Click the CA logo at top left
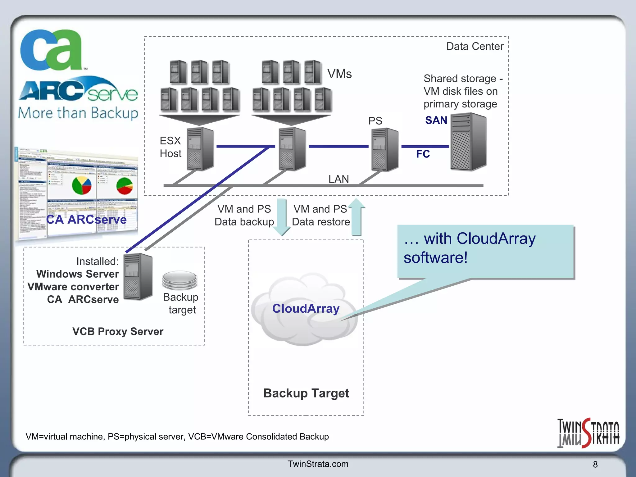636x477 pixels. click(x=51, y=50)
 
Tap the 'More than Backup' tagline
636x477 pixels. click(x=78, y=113)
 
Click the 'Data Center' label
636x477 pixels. click(x=475, y=46)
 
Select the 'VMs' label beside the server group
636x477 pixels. click(x=339, y=74)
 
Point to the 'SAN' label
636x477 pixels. click(x=436, y=120)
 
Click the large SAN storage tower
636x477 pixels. click(x=468, y=142)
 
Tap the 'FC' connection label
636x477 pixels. click(x=423, y=154)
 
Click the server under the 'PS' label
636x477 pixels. click(x=385, y=150)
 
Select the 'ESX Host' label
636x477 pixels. click(x=170, y=147)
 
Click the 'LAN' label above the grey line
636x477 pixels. click(x=338, y=179)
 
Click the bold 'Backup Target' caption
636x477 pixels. click(x=306, y=393)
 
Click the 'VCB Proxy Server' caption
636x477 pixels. click(x=118, y=331)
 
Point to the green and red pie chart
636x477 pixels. click(x=125, y=186)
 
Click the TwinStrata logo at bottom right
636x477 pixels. click(x=588, y=433)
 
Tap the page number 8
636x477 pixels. click(x=595, y=464)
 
